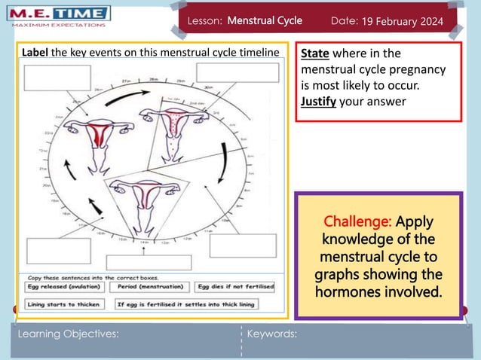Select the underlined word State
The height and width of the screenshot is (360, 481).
315,53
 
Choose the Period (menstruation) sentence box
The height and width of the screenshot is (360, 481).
150,287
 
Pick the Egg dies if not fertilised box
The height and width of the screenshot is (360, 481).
235,287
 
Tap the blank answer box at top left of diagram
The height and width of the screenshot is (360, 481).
51,78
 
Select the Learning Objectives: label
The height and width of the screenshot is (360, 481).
68,334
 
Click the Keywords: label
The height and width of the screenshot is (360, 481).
272,334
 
